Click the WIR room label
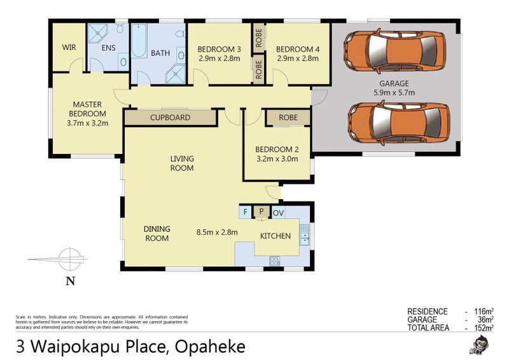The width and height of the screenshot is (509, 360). click(x=69, y=48)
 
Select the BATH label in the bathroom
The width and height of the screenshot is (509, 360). click(x=160, y=53)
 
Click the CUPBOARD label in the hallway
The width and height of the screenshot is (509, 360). click(x=170, y=118)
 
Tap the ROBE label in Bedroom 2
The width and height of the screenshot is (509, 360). click(x=288, y=118)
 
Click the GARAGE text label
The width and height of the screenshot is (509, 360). click(x=395, y=83)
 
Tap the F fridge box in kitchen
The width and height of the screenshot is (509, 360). click(x=245, y=212)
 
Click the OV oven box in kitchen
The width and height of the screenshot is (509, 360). click(x=279, y=212)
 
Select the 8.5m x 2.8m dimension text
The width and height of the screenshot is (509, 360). click(x=217, y=232)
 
